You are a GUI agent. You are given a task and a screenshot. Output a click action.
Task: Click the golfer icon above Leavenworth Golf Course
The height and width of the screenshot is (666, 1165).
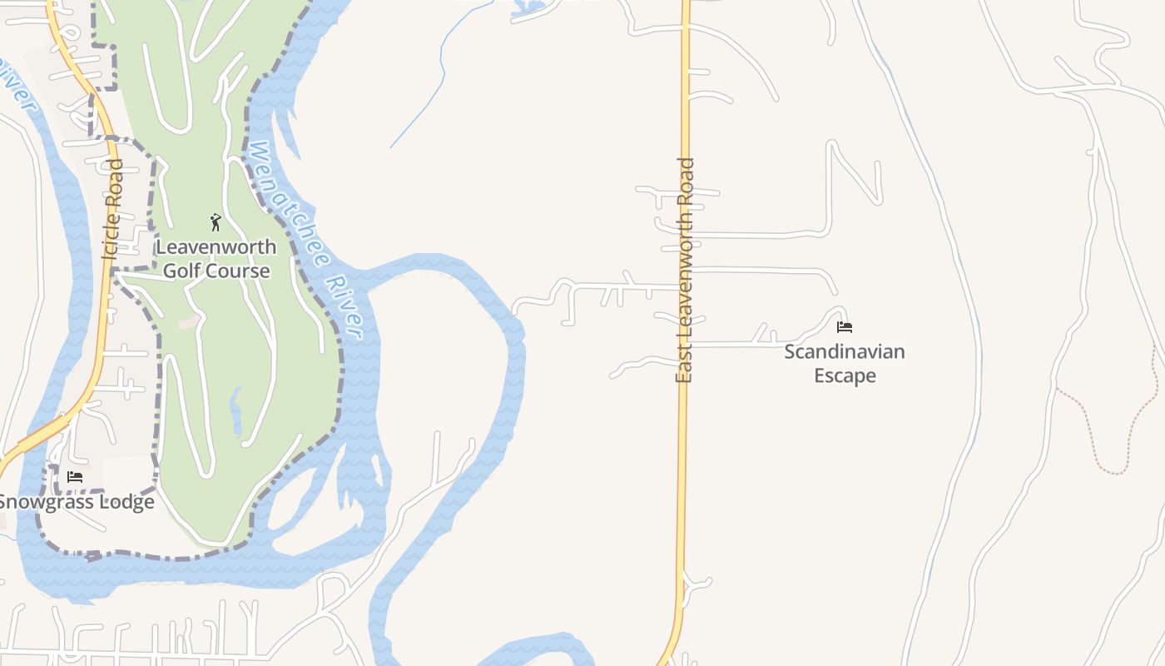[216, 222]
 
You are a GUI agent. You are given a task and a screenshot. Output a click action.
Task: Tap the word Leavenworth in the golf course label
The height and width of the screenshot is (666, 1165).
[216, 247]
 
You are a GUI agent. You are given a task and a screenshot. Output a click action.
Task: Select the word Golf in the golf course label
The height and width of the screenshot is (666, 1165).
[181, 271]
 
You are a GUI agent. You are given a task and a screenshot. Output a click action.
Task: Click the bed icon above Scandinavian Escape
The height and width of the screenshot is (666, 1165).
[845, 326]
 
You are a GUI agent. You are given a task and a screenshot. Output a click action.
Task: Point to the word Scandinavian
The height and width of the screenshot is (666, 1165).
[845, 351]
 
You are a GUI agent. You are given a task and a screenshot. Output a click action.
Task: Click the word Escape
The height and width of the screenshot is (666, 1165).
[845, 375]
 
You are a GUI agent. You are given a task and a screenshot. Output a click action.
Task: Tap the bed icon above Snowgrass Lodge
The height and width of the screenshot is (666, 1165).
[75, 477]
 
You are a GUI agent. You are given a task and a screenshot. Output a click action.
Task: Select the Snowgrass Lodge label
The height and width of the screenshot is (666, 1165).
[77, 502]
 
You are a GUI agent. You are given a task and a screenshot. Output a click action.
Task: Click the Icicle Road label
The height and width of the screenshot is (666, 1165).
[112, 210]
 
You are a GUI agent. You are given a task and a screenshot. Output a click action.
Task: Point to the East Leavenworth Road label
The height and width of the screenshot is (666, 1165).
[684, 271]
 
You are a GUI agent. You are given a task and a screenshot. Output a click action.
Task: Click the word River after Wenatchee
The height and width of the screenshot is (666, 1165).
[344, 308]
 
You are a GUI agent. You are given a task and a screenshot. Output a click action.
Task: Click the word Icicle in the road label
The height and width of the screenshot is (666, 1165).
[112, 237]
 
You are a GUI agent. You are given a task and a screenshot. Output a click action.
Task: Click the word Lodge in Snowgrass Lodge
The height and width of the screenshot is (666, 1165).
[125, 502]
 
